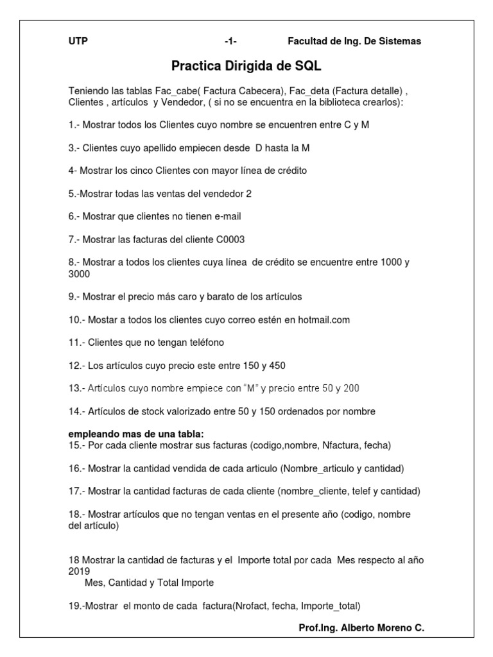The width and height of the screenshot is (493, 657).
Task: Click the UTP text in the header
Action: point(78,41)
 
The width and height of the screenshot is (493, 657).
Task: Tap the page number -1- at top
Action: point(230,41)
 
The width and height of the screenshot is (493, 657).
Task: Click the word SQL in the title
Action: point(307,66)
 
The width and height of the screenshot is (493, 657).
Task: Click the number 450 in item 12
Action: point(277,365)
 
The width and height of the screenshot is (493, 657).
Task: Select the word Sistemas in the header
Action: point(401,41)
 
